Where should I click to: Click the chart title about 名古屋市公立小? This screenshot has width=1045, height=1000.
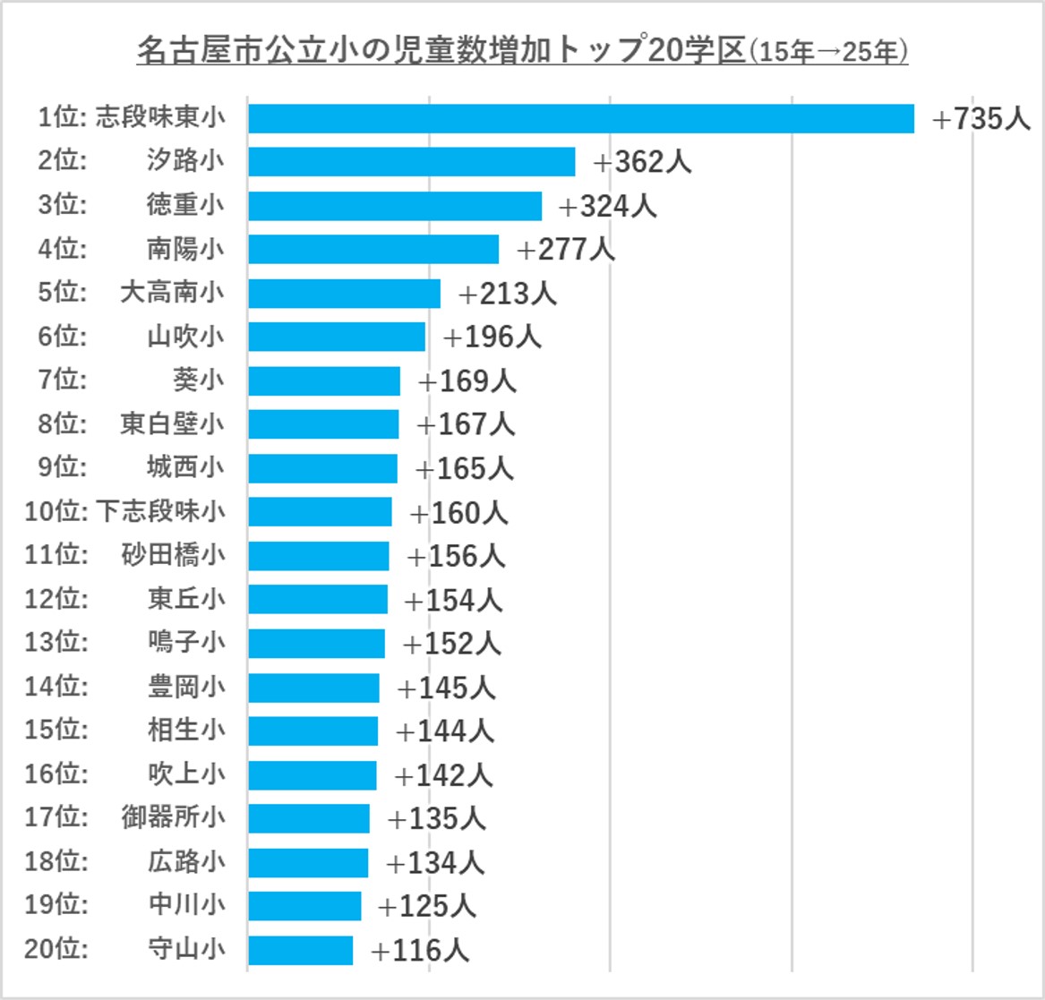[x=522, y=51]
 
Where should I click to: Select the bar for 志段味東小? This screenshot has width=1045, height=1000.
[x=581, y=118]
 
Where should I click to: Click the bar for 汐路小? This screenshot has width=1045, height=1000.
[x=411, y=162]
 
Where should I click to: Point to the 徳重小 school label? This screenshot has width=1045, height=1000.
[x=185, y=205]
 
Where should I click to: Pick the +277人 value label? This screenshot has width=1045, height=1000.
[x=566, y=249]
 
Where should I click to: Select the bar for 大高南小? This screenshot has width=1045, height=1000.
[x=344, y=293]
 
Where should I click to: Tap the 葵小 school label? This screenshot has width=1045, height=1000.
[x=198, y=380]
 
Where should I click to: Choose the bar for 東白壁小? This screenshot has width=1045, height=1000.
[x=323, y=424]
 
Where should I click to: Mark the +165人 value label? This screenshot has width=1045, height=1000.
[x=464, y=468]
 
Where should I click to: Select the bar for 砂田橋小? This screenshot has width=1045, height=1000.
[x=319, y=556]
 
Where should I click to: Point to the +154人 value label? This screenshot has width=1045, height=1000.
[x=453, y=600]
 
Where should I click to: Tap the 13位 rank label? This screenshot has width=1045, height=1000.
[x=56, y=643]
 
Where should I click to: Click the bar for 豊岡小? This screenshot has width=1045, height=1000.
[x=313, y=688]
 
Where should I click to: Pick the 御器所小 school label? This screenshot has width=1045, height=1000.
[x=173, y=817]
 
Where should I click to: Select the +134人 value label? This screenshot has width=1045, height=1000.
[x=435, y=863]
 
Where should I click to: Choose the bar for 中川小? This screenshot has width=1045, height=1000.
[x=304, y=906]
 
